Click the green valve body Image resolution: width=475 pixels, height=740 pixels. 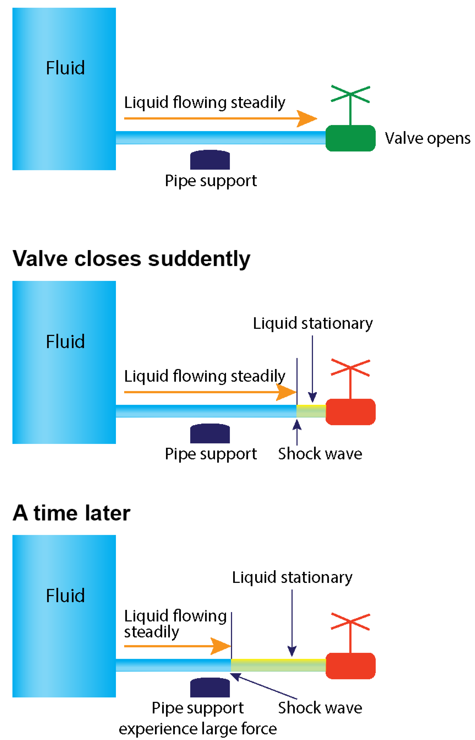[350, 138]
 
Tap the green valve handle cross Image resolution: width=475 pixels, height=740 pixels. [350, 94]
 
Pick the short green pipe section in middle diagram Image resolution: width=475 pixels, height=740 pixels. [311, 411]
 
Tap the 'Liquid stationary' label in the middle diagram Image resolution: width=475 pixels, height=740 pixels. [313, 323]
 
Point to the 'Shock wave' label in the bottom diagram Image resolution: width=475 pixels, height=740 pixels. [320, 708]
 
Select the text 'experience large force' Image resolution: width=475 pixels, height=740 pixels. [198, 729]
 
